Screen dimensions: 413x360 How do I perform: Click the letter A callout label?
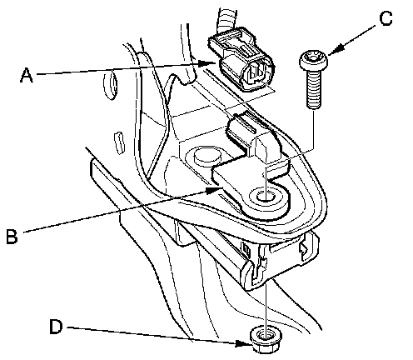tap(27, 76)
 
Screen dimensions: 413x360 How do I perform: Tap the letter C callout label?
tap(386, 18)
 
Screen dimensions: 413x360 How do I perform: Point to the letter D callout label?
tap(56, 327)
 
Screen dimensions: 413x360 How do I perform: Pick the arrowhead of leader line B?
tap(213, 190)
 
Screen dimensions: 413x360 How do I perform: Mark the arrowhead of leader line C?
tap(336, 51)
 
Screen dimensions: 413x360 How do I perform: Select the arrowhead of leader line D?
tap(242, 343)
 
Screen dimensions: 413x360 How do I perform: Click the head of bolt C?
tap(314, 60)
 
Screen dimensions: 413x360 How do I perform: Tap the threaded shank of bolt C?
tap(314, 88)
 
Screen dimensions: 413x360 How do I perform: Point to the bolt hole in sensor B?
tap(264, 197)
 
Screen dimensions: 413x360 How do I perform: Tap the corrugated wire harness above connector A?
tap(226, 18)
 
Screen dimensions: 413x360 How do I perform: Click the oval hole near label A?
tap(111, 84)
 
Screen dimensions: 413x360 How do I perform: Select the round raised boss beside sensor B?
tap(206, 157)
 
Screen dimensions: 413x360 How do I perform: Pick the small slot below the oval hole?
tap(119, 142)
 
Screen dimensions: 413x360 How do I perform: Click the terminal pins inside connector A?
tap(256, 74)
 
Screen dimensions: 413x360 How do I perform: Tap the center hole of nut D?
tap(263, 336)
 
